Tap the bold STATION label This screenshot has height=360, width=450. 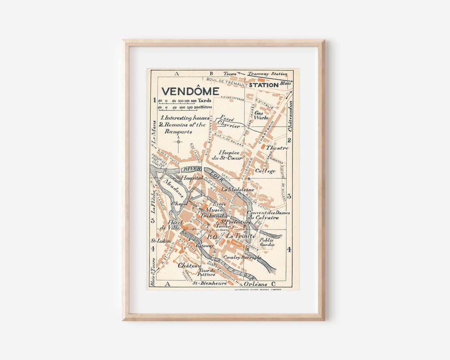[263, 85]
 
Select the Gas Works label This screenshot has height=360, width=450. [261, 115]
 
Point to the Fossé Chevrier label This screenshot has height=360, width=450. [229, 122]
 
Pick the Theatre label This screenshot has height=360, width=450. [277, 148]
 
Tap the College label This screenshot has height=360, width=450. [265, 171]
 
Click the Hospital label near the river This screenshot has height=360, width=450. [192, 177]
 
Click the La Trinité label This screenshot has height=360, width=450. [240, 236]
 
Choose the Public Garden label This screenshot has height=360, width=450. [267, 242]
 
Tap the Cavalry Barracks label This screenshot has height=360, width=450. [242, 257]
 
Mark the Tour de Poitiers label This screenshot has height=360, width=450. [207, 272]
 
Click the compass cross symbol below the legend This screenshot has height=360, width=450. [179, 141]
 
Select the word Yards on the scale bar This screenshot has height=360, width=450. [204, 100]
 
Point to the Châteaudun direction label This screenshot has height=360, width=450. [290, 116]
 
